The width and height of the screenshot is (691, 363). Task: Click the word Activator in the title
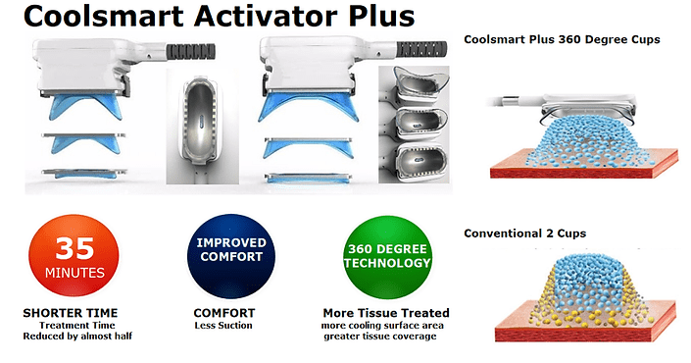[x=267, y=16]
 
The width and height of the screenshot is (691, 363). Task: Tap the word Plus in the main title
[x=381, y=16]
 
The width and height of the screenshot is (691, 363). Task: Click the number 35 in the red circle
[x=74, y=248]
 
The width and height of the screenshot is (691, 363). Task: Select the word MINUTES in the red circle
[x=74, y=273]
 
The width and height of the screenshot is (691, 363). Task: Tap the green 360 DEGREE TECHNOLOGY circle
[x=387, y=257]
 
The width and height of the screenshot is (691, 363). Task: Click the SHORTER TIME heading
[x=71, y=313]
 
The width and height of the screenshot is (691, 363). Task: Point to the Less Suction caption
[x=223, y=326]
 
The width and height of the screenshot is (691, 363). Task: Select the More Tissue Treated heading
[x=386, y=313]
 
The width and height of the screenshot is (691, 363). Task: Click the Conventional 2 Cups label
[x=524, y=233]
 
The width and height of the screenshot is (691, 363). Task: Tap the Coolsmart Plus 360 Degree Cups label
[x=562, y=39]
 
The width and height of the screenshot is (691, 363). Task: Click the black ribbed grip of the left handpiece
[x=191, y=51]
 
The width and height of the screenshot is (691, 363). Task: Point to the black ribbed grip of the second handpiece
[x=421, y=48]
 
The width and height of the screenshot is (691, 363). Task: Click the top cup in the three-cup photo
[x=420, y=85]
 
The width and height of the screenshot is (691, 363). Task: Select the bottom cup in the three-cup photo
[x=420, y=162]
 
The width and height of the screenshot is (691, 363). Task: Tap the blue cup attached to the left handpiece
[x=83, y=108]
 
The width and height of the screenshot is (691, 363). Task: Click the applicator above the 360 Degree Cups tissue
[x=568, y=106]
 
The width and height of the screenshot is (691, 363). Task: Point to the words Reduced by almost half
[x=77, y=337]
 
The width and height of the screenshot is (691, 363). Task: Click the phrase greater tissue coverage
[x=380, y=337]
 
